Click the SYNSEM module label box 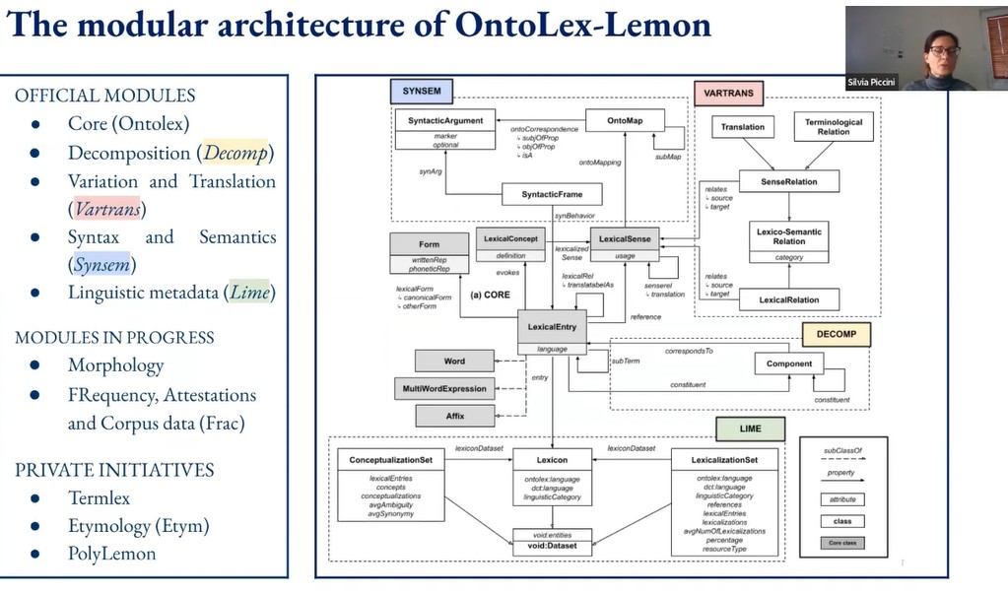pyautogui.click(x=422, y=92)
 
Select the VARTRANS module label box pyautogui.click(x=728, y=94)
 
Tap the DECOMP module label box pyautogui.click(x=836, y=334)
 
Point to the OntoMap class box pyautogui.click(x=624, y=119)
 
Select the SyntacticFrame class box pyautogui.click(x=552, y=195)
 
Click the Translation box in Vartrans pyautogui.click(x=742, y=127)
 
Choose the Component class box pyautogui.click(x=789, y=363)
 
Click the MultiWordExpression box pyautogui.click(x=444, y=389)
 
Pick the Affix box pyautogui.click(x=454, y=416)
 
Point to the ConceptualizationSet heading pyautogui.click(x=391, y=459)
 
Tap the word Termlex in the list pyautogui.click(x=99, y=497)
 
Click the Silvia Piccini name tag pyautogui.click(x=872, y=82)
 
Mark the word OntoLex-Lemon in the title pyautogui.click(x=583, y=24)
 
